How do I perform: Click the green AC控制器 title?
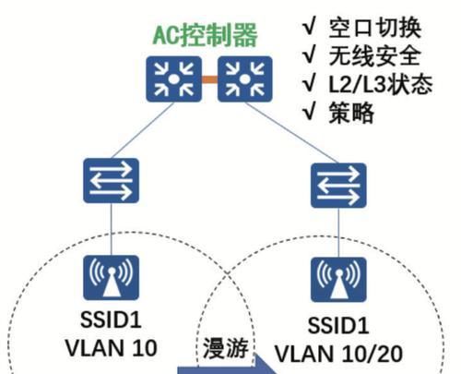[x=205, y=35]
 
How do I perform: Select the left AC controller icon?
[x=173, y=79]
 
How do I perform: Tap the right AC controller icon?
[x=245, y=79]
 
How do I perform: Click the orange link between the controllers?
[x=209, y=79]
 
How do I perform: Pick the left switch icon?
[x=111, y=180]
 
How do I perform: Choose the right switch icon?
[x=338, y=186]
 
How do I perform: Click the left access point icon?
[x=111, y=278]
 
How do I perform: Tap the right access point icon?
[x=338, y=280]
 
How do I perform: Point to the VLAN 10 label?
[x=112, y=348]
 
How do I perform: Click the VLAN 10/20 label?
[x=338, y=354]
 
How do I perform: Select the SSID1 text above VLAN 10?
[x=111, y=320]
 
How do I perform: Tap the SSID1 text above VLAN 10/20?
[x=338, y=325]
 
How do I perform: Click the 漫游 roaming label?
[x=226, y=348]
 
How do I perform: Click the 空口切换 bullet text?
[x=374, y=28]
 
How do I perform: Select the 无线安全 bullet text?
[x=374, y=56]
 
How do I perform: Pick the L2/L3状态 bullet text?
[x=381, y=84]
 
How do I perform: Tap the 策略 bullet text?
[x=351, y=113]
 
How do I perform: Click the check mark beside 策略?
[x=309, y=112]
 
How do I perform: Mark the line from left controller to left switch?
[x=143, y=130]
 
